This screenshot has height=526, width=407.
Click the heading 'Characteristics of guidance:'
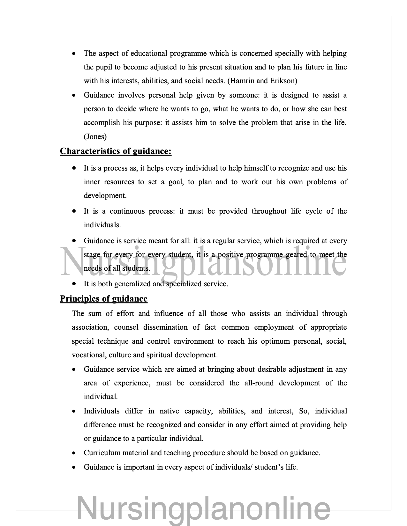pyautogui.click(x=116, y=151)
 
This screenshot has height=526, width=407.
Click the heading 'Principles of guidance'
pyautogui.click(x=104, y=299)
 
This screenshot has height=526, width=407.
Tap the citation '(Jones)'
pyautogui.click(x=95, y=137)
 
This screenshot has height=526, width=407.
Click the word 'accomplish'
pyautogui.click(x=102, y=123)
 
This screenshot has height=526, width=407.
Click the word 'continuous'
pyautogui.click(x=126, y=211)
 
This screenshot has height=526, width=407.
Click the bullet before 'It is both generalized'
pyautogui.click(x=74, y=283)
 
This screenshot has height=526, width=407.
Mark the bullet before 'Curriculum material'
pyautogui.click(x=74, y=453)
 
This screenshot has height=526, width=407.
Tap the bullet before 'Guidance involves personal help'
pyautogui.click(x=74, y=95)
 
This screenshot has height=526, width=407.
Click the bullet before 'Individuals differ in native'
pyautogui.click(x=74, y=411)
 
